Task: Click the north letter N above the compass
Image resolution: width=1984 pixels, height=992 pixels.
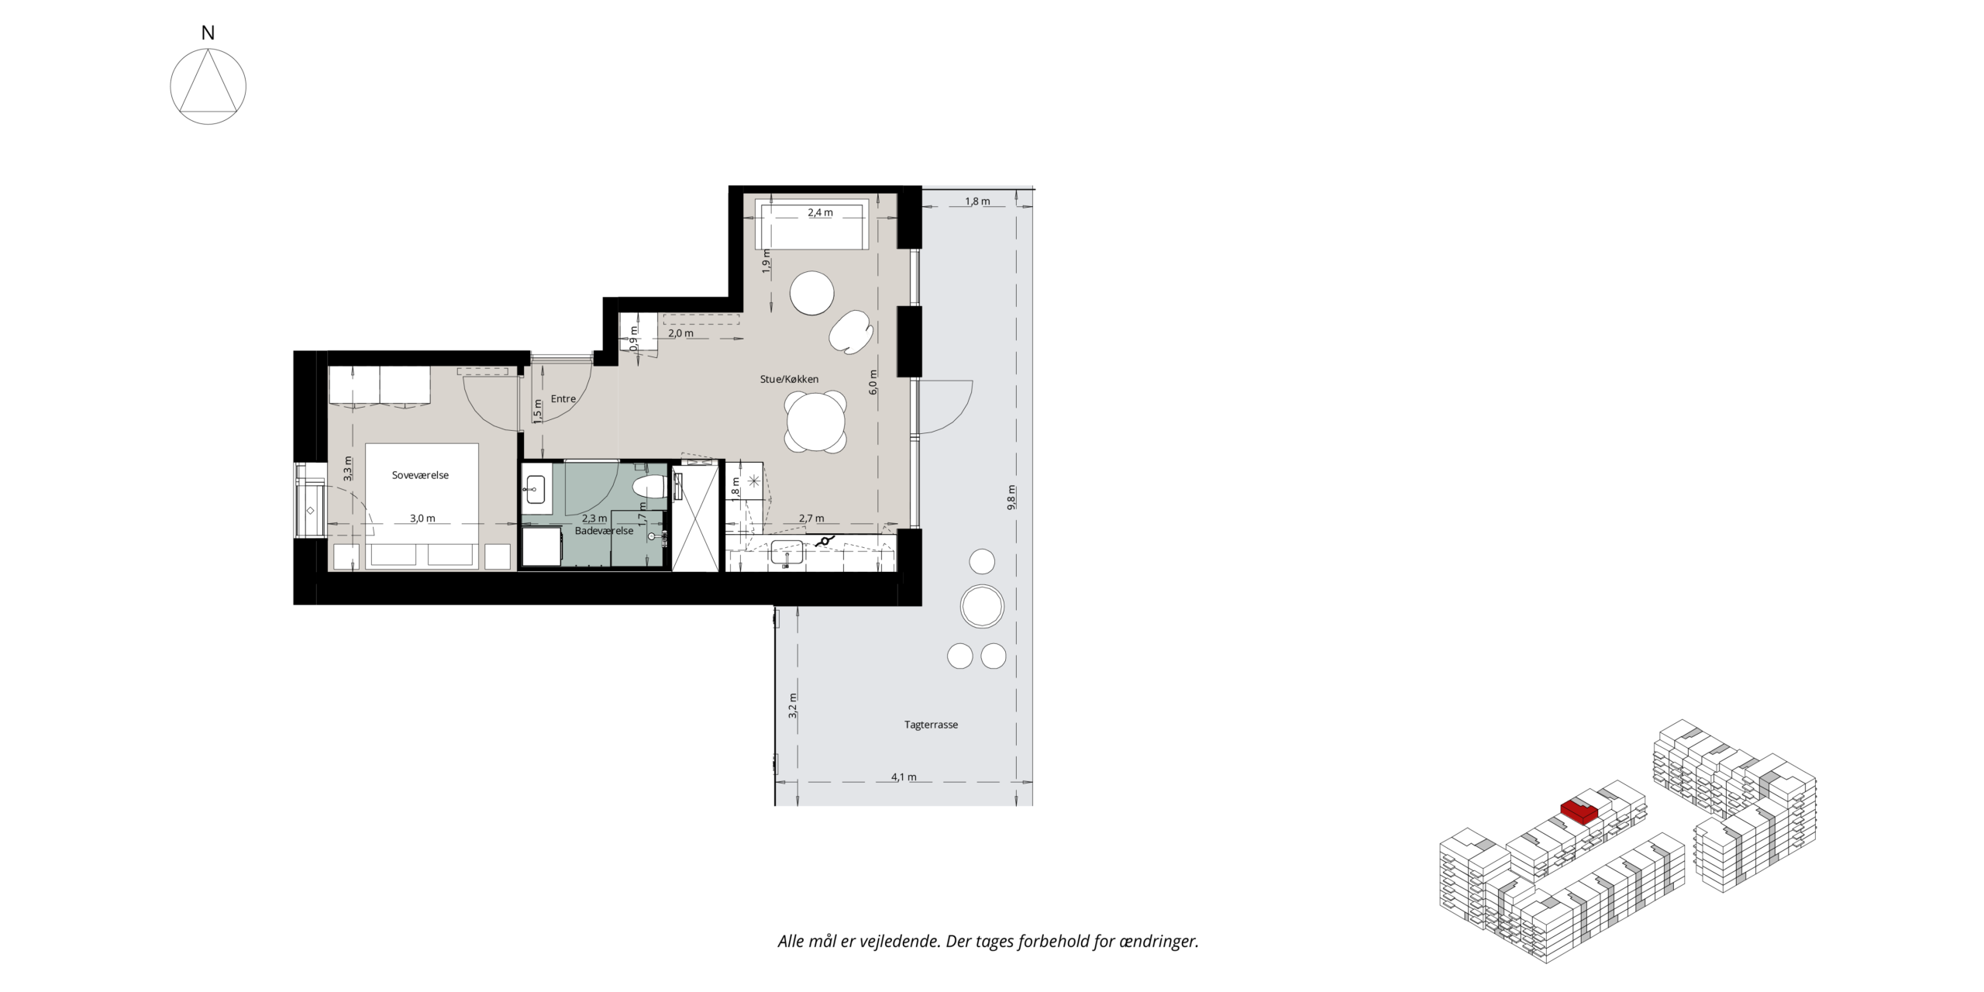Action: tap(208, 33)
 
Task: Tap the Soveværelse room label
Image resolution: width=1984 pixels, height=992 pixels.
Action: tap(420, 475)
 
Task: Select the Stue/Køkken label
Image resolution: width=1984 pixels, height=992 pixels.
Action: tap(789, 379)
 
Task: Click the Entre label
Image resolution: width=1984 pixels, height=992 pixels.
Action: tap(563, 399)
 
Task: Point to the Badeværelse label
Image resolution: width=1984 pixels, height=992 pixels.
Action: tap(604, 531)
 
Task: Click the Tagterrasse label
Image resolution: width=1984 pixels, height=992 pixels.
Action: tap(931, 725)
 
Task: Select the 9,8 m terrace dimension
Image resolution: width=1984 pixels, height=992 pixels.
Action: tap(1011, 498)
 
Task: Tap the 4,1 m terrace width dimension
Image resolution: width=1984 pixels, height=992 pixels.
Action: tap(904, 777)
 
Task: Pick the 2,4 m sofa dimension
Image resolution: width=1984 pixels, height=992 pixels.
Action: tap(820, 212)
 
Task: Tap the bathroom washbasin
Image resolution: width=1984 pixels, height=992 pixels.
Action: tap(535, 487)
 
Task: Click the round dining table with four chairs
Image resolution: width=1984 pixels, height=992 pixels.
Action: tap(815, 422)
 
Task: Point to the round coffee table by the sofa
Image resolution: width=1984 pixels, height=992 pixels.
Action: tap(812, 292)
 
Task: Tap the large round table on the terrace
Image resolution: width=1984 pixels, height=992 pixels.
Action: tap(982, 606)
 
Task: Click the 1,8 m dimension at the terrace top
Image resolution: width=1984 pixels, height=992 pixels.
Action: tap(977, 201)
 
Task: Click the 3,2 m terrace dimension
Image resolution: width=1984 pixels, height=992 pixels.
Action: tap(792, 706)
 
